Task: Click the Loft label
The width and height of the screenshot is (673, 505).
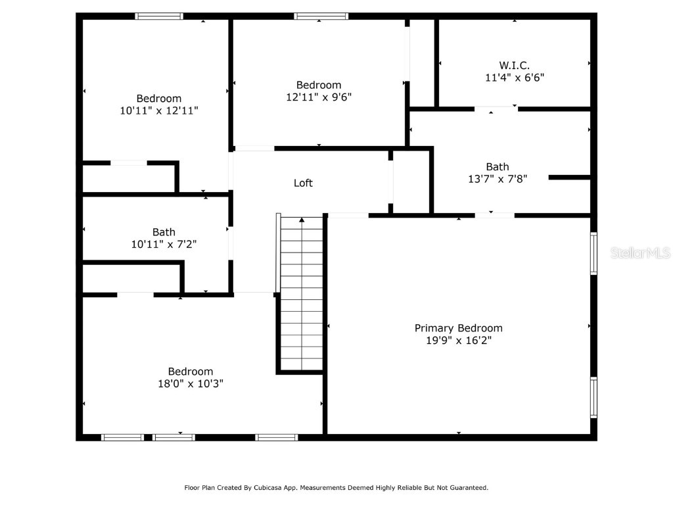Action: click(x=303, y=183)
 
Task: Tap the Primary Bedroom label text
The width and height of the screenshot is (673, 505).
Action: click(x=458, y=328)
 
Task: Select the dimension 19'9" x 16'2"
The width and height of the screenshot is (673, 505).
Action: click(x=458, y=341)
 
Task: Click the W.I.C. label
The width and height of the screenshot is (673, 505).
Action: click(x=514, y=65)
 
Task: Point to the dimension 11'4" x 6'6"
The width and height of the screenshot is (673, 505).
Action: click(x=514, y=78)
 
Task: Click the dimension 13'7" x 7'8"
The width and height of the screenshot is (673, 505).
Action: click(x=498, y=179)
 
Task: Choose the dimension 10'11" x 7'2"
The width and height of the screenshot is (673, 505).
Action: click(x=164, y=245)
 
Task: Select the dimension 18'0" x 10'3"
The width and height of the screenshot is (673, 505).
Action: click(x=190, y=384)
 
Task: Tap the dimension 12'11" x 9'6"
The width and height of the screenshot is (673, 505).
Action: click(x=319, y=97)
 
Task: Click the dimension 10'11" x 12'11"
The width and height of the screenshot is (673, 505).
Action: click(x=158, y=111)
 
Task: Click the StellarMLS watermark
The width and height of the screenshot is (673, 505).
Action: click(x=639, y=252)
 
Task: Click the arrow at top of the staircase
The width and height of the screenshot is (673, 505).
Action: click(x=302, y=220)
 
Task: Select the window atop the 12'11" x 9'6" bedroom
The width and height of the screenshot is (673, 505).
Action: click(x=321, y=16)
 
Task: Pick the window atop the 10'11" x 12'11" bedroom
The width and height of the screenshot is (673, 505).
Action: click(x=159, y=16)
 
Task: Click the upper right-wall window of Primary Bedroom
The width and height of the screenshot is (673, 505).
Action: click(x=593, y=253)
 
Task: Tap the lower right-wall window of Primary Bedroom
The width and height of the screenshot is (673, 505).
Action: click(x=593, y=397)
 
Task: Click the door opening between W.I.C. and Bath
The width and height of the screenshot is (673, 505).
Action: click(x=496, y=108)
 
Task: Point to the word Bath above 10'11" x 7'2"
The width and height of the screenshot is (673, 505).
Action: click(x=164, y=232)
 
